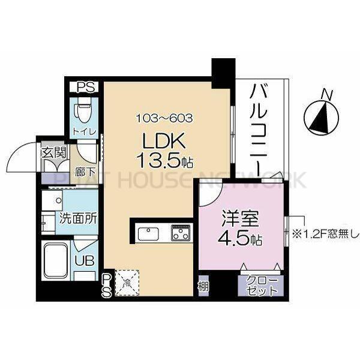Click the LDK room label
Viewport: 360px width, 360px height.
click(158, 142)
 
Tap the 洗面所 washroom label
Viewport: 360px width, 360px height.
click(77, 218)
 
